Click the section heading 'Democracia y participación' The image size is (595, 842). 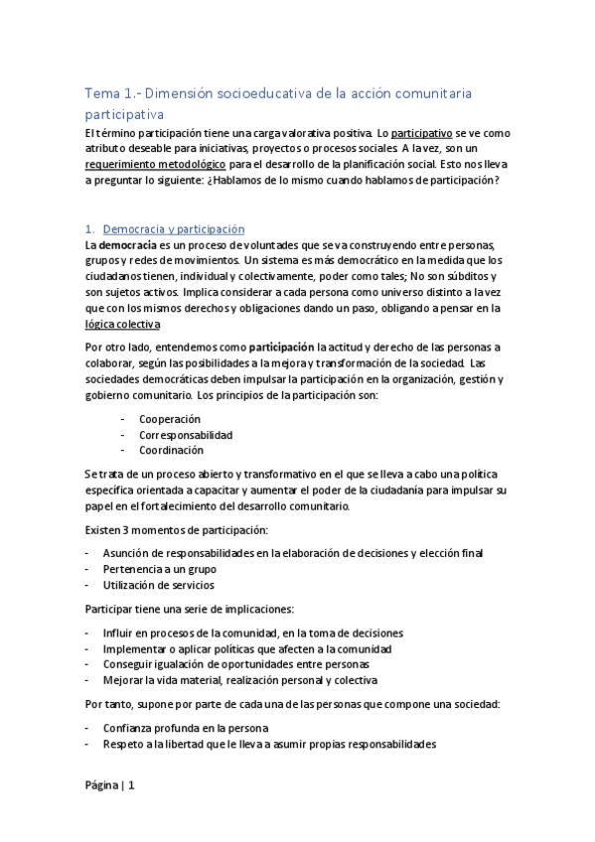(173, 228)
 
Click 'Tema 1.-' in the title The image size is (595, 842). (109, 93)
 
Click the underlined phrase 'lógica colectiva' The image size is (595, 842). (122, 324)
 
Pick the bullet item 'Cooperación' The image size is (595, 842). (169, 419)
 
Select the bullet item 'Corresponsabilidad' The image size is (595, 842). (186, 435)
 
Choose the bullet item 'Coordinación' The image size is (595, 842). (171, 450)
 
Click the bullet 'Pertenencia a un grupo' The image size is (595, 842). (159, 569)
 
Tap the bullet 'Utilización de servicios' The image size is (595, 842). (158, 585)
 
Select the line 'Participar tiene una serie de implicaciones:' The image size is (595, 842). (192, 609)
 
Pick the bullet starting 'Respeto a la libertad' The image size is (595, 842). (268, 744)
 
